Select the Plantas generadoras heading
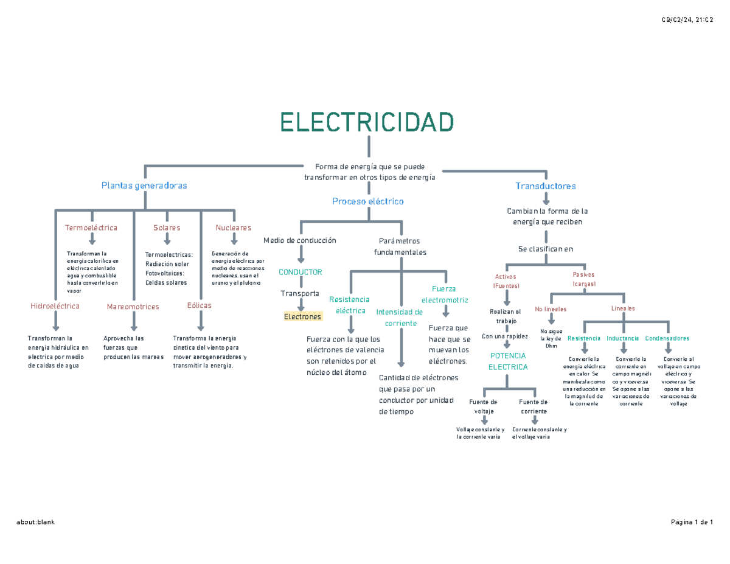click(x=144, y=185)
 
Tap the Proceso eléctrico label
click(x=368, y=201)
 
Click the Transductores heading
click(x=546, y=186)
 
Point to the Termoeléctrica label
click(x=91, y=228)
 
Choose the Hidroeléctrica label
click(x=55, y=306)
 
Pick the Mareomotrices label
click(x=133, y=307)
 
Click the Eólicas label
click(x=200, y=305)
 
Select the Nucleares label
click(x=234, y=228)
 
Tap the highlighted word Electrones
click(x=302, y=317)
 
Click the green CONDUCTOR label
click(x=301, y=272)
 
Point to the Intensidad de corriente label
click(x=399, y=318)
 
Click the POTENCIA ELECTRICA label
click(x=508, y=361)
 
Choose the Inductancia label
click(x=623, y=338)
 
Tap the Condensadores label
click(x=667, y=338)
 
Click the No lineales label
click(x=551, y=309)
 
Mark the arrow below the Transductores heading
click(x=546, y=198)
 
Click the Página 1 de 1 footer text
click(x=692, y=522)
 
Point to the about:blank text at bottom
click(x=36, y=522)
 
